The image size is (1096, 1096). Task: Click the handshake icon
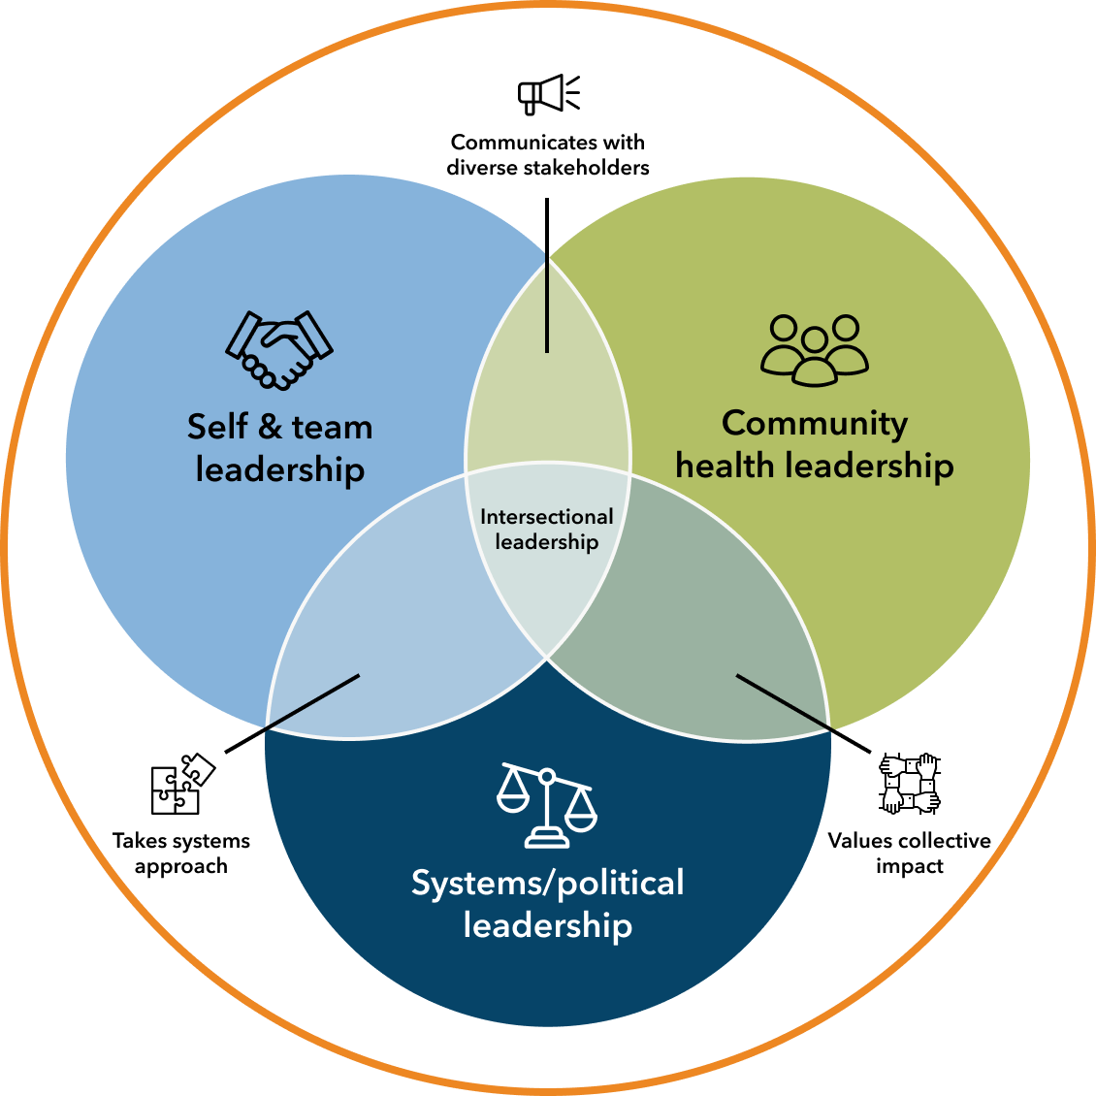[279, 350]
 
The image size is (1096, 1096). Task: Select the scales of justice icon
[547, 805]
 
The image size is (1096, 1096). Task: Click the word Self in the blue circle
[217, 427]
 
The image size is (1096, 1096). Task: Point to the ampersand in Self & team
[271, 427]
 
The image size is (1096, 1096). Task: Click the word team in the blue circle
[332, 427]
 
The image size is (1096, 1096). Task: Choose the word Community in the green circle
[815, 423]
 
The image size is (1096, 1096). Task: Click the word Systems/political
[547, 883]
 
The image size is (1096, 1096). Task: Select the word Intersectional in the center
[547, 517]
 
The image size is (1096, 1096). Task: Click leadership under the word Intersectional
[547, 541]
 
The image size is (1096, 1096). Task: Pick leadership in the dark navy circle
[547, 925]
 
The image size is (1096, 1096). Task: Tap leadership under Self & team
[280, 469]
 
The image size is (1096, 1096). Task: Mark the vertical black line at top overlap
[547, 304]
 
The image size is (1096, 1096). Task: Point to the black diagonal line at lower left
[312, 701]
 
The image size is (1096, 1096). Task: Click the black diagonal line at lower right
[784, 701]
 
